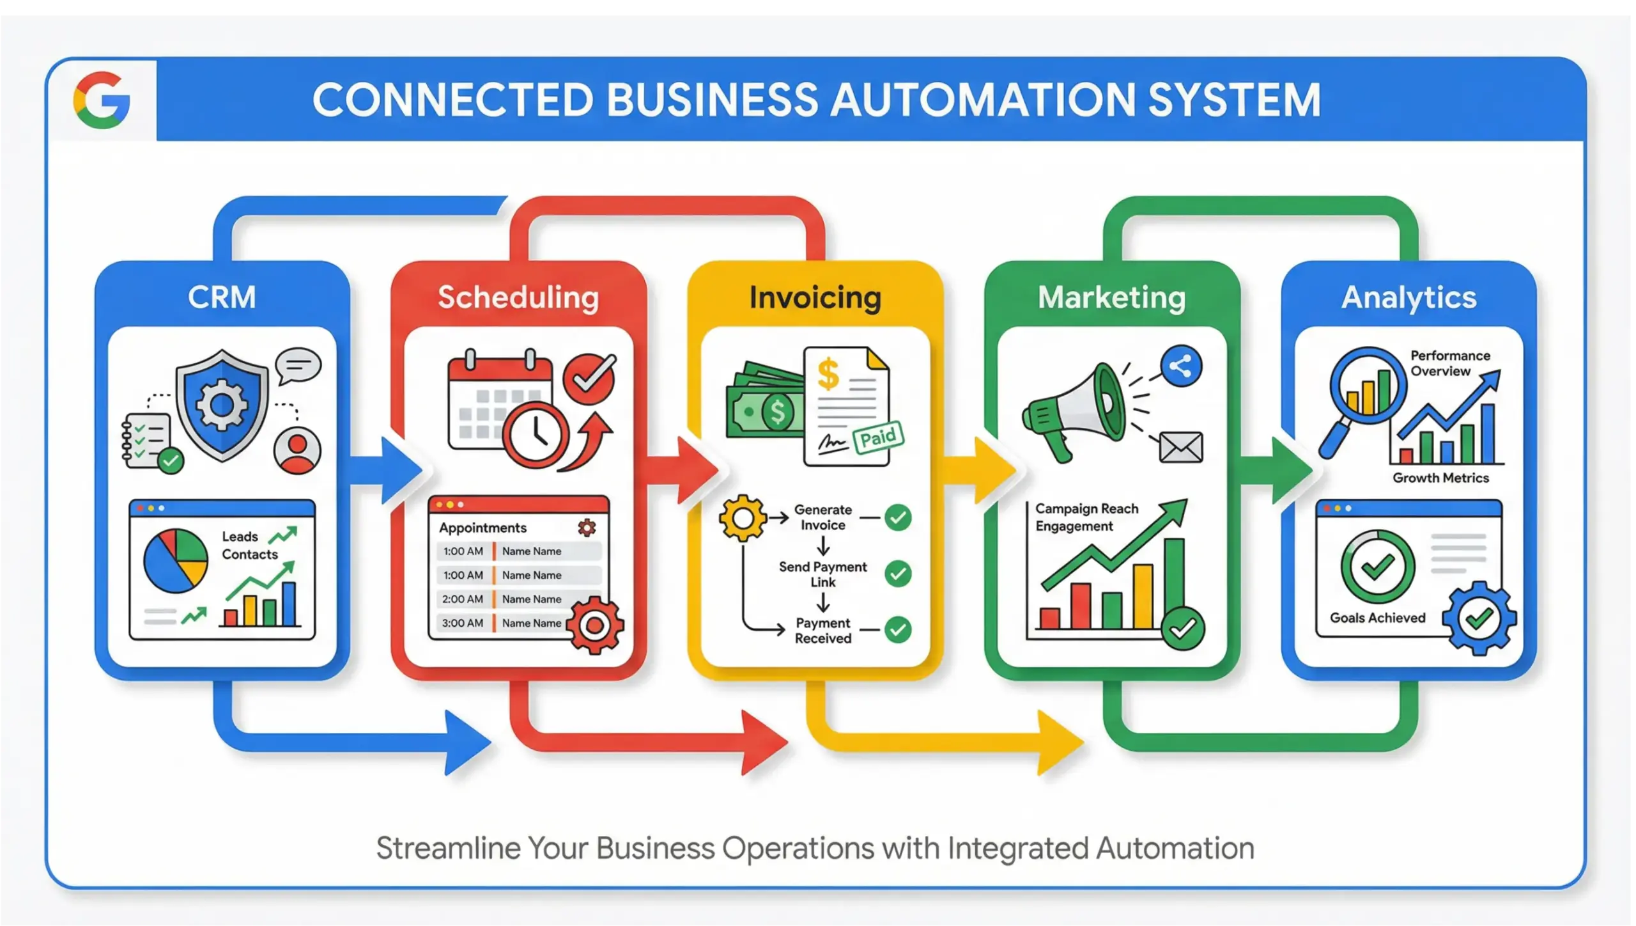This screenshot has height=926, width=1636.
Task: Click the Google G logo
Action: pyautogui.click(x=102, y=100)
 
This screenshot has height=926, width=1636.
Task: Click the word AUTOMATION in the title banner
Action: pyautogui.click(x=983, y=100)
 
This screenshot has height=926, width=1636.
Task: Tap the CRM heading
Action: pyautogui.click(x=222, y=297)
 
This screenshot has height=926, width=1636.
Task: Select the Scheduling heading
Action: pyautogui.click(x=518, y=297)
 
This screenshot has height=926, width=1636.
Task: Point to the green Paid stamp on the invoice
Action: pyautogui.click(x=878, y=438)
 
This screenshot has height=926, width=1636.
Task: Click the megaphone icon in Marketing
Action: pyautogui.click(x=1074, y=409)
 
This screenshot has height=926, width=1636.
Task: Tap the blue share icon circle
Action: pyautogui.click(x=1180, y=366)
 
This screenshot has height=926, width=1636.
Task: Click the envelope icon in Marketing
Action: pyautogui.click(x=1180, y=447)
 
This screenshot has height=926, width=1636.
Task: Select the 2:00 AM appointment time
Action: pyautogui.click(x=463, y=599)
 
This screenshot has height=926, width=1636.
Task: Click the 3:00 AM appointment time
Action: pyautogui.click(x=463, y=623)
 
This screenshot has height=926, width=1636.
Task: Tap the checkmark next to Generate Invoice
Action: pyautogui.click(x=898, y=517)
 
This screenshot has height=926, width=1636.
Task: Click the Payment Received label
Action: pyautogui.click(x=823, y=631)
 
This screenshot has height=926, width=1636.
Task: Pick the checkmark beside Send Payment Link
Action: pyautogui.click(x=898, y=574)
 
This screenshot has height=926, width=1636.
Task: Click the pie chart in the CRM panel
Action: pyautogui.click(x=176, y=561)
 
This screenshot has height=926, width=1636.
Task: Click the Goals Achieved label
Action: pyautogui.click(x=1378, y=618)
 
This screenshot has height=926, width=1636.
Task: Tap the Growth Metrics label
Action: pyautogui.click(x=1440, y=478)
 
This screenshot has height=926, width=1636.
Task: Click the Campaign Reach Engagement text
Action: pyautogui.click(x=1086, y=517)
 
